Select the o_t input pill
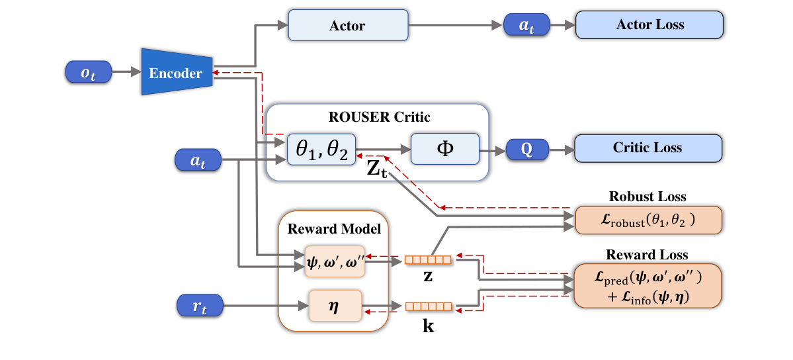pos(89,72)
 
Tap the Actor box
pos(347,26)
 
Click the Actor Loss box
pos(649,25)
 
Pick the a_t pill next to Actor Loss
pos(526,25)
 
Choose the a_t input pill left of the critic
pos(198,160)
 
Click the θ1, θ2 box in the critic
pos(321,150)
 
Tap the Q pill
pos(526,149)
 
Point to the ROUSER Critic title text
pos(379,118)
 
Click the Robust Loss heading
pos(647,197)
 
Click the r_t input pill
pos(199,306)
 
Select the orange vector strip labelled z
pos(428,260)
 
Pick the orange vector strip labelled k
pos(428,306)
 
